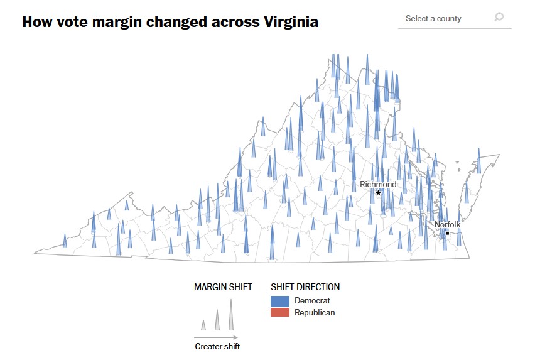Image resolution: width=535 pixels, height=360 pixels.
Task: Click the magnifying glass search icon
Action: click(x=499, y=18)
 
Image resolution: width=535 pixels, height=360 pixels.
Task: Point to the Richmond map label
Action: click(x=378, y=184)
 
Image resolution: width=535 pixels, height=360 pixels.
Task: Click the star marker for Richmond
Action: click(x=378, y=193)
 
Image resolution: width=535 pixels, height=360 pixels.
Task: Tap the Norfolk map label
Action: click(x=448, y=224)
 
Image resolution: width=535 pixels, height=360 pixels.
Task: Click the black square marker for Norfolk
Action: click(x=447, y=233)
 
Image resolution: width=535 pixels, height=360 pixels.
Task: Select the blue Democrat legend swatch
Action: click(x=279, y=301)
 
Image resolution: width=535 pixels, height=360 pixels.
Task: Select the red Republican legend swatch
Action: click(x=279, y=312)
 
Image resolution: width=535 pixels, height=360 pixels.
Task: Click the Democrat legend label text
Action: click(x=312, y=301)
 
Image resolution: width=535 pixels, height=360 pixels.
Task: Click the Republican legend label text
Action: click(x=315, y=312)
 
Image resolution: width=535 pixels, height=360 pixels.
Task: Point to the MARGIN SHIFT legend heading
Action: click(x=223, y=287)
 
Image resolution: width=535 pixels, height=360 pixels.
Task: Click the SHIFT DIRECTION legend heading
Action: click(x=305, y=287)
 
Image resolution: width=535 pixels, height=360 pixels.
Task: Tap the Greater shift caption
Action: click(x=217, y=346)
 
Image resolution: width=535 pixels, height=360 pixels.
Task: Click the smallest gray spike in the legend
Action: click(x=203, y=325)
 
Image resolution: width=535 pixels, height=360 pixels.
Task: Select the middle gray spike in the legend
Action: click(x=217, y=321)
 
